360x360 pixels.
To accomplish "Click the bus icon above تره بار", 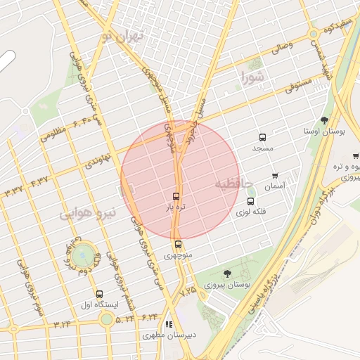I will [176, 197].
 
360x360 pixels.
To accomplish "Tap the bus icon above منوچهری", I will [178, 245].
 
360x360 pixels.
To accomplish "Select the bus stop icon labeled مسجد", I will [262, 138].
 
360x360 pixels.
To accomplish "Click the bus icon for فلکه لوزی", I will [248, 201].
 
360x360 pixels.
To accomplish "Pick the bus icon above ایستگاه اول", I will [98, 294].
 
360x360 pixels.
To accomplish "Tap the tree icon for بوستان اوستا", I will [323, 120].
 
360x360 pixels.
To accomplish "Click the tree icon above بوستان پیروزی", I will [227, 274].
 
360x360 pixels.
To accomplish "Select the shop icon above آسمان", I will [274, 176].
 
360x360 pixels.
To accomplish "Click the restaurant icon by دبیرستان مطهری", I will [168, 325].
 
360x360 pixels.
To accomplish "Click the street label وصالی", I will [281, 48].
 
